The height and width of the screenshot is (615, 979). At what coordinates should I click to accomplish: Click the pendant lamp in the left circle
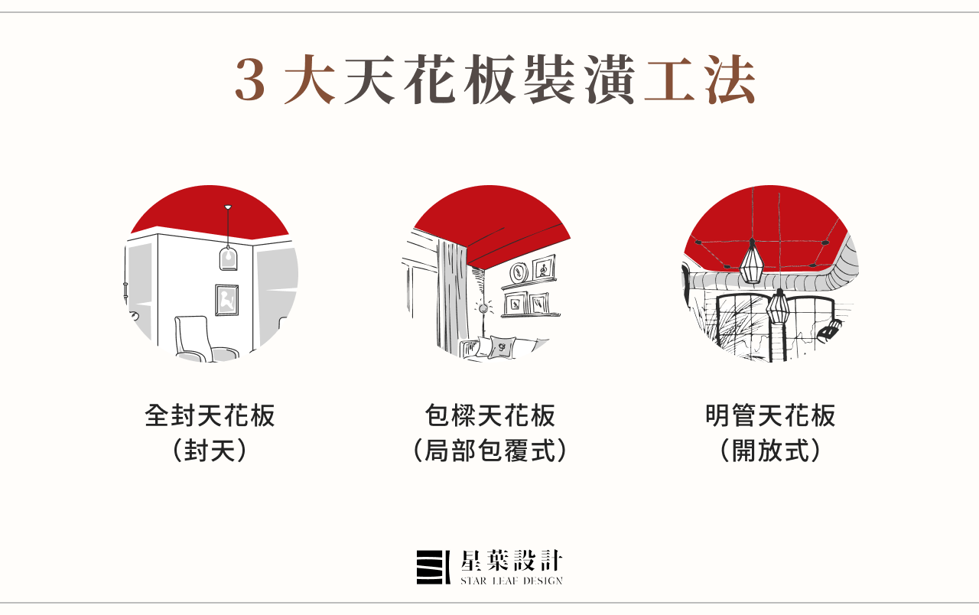227,256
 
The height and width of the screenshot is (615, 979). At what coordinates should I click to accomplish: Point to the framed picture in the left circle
226,300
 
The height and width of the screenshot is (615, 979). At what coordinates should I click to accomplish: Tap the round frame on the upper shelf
519,271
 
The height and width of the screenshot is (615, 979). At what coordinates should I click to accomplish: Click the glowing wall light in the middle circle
483,307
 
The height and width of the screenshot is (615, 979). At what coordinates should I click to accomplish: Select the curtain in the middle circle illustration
448,291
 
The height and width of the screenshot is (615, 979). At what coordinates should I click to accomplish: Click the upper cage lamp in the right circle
751,261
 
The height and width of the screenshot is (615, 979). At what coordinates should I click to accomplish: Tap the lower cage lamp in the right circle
779,306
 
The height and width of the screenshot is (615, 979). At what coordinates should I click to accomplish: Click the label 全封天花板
210,417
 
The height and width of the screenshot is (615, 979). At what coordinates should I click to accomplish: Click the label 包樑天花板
489,417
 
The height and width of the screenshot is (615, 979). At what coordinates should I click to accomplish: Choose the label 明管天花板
770,417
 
